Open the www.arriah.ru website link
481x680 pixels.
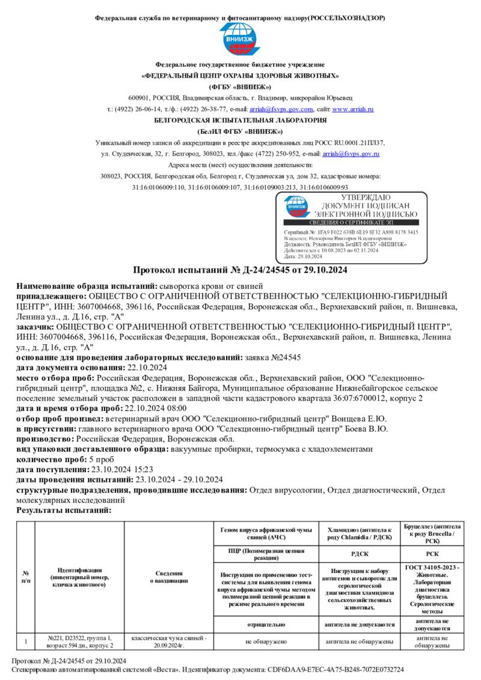point(353,109)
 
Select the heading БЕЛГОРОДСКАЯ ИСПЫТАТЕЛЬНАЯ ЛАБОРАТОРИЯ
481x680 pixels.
point(240,120)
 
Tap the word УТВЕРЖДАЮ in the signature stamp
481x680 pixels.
point(365,198)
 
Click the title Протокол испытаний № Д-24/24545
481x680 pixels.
point(240,270)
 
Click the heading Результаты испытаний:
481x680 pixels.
point(64,509)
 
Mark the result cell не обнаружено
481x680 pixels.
point(265,642)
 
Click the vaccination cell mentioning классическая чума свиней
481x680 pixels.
point(168,642)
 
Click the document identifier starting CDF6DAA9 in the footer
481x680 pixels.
point(352,669)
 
